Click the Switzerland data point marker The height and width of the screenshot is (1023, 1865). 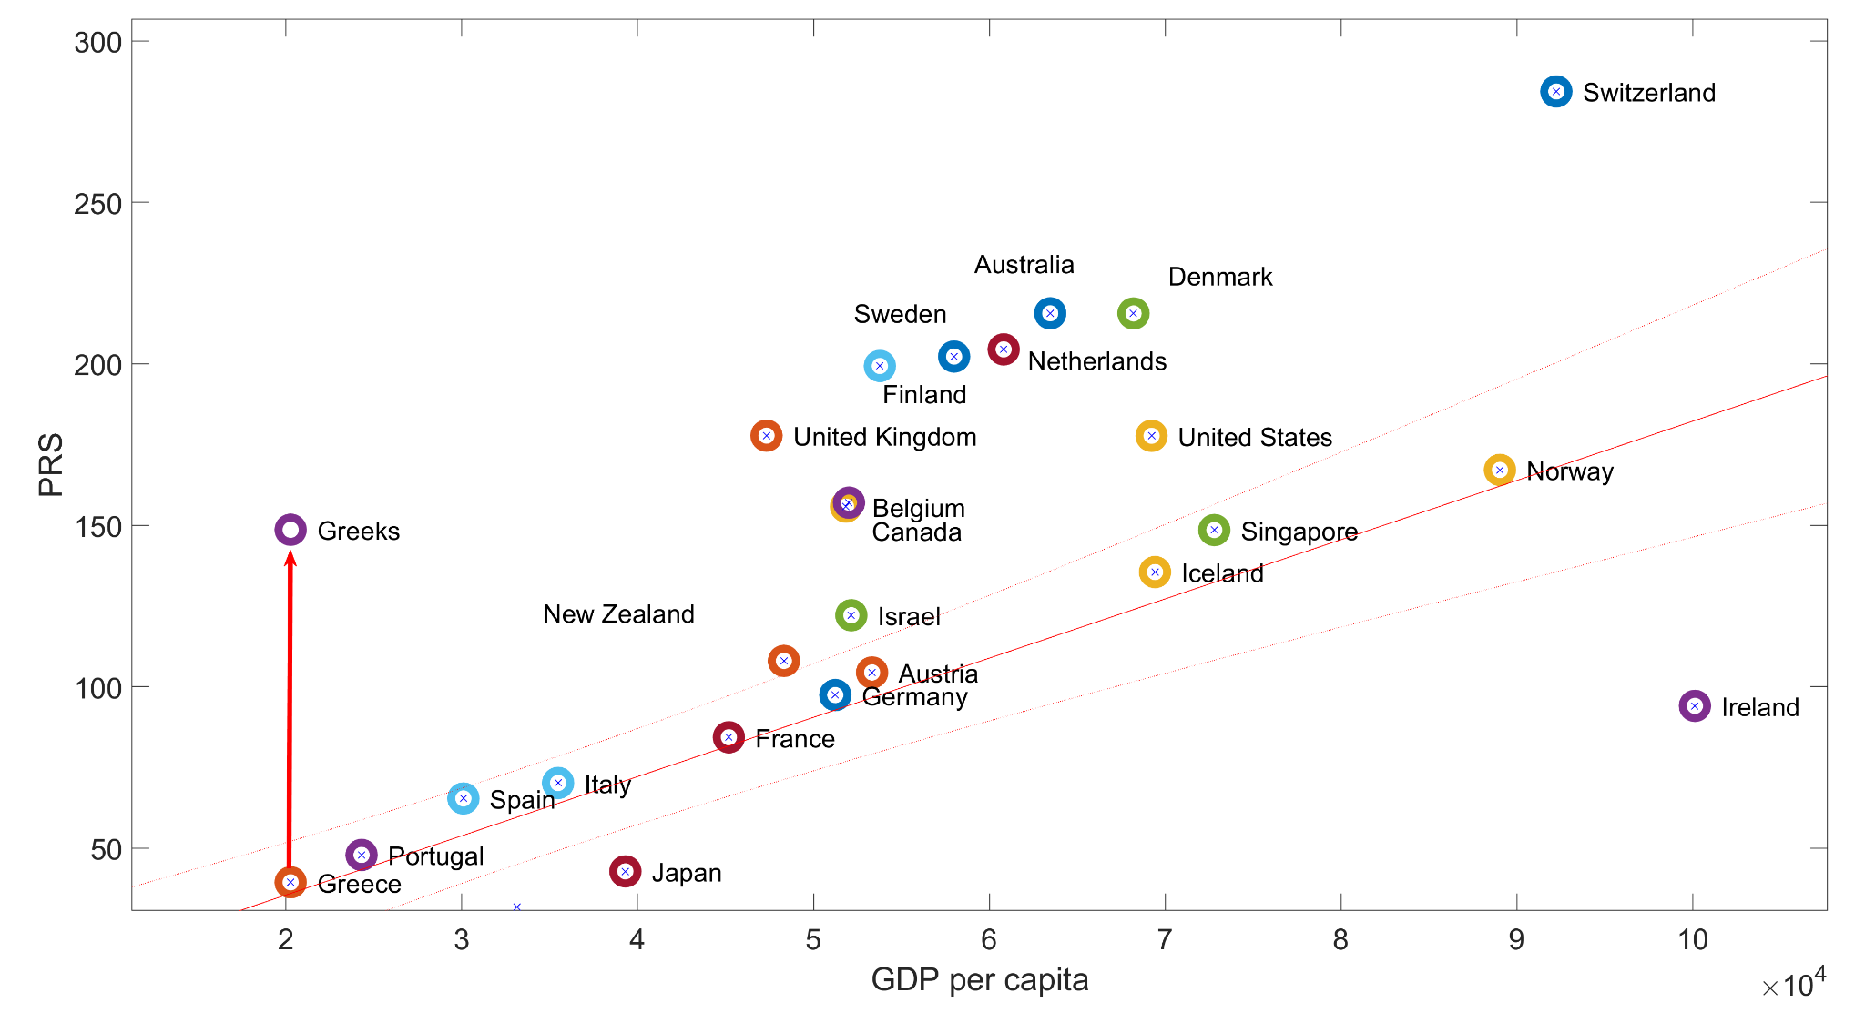pos(1555,91)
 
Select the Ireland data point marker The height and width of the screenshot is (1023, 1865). pos(1694,705)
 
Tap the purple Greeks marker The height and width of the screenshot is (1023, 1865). pos(290,530)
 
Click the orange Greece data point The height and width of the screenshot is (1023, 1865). pos(290,882)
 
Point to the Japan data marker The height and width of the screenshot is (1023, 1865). pos(625,872)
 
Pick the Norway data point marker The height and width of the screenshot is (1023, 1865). pos(1499,470)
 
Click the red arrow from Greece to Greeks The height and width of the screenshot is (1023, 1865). pos(290,710)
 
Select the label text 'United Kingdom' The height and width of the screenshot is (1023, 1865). pos(884,437)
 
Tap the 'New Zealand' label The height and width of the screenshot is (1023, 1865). pos(618,614)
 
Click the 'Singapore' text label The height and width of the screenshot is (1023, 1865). pos(1299,532)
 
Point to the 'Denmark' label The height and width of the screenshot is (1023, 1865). pos(1219,277)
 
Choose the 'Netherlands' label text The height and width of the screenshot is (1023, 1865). pos(1096,361)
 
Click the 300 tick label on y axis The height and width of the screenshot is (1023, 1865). pos(97,43)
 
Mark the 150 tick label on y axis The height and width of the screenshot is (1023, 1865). pos(97,527)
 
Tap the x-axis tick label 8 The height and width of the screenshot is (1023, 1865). pos(1340,939)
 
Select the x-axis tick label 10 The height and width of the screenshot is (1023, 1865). pos(1692,939)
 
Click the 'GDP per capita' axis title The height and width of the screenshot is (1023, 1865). pos(979,980)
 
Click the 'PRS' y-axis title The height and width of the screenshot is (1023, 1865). pos(51,464)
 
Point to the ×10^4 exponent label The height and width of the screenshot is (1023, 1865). pos(1792,984)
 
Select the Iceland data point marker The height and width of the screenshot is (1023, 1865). pos(1155,572)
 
